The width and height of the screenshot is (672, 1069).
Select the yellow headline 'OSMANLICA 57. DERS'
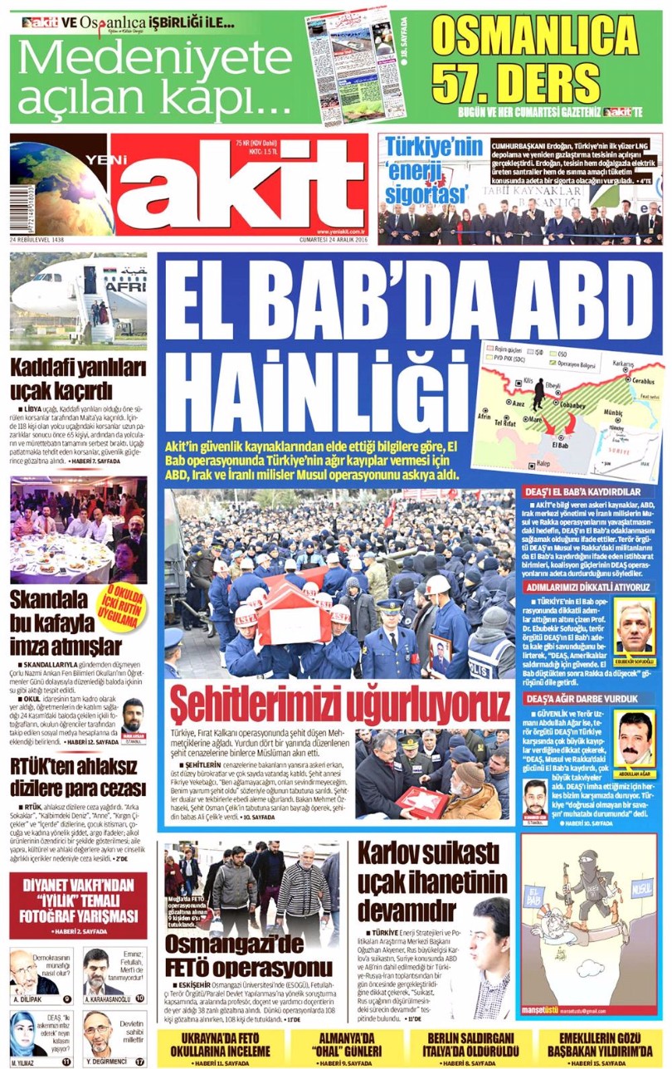(535, 58)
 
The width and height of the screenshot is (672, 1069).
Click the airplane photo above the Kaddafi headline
(78, 300)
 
